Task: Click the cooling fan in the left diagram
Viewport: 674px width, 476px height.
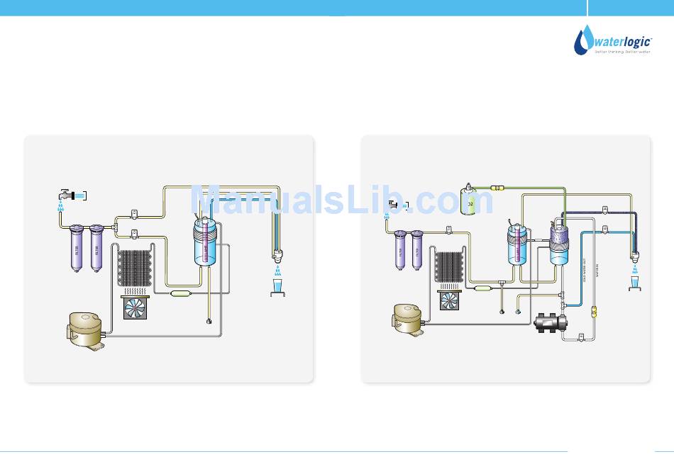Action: [x=136, y=308]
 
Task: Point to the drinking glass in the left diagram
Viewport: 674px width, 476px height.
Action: [x=277, y=288]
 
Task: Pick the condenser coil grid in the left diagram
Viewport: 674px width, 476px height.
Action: [x=136, y=268]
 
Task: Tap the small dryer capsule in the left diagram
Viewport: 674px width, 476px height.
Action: [x=182, y=293]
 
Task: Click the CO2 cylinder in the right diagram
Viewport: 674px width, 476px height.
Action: [x=468, y=199]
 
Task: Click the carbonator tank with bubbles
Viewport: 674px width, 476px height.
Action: [x=559, y=244]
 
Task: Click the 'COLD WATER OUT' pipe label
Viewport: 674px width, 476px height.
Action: [x=584, y=273]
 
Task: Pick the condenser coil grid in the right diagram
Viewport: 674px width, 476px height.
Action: [x=448, y=268]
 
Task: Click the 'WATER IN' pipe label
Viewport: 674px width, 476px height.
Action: [x=598, y=273]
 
